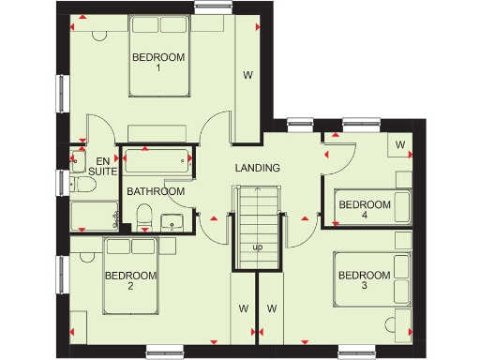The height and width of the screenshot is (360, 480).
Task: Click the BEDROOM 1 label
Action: [158, 62]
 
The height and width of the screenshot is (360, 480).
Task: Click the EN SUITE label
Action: [101, 167]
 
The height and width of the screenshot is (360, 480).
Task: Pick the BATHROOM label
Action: [156, 191]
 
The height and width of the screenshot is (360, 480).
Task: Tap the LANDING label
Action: [258, 168]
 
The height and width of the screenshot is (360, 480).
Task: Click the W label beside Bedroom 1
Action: [248, 74]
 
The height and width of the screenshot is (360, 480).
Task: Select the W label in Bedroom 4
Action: [400, 144]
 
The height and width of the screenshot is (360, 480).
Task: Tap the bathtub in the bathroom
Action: [158, 160]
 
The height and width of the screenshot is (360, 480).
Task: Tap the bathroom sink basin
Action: [172, 222]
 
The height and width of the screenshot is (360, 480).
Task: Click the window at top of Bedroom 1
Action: [214, 7]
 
